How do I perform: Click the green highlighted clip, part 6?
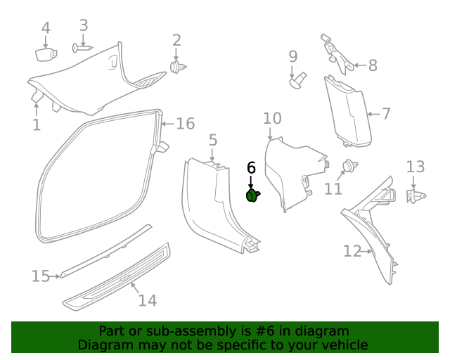click(252, 195)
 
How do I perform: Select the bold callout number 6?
click(251, 168)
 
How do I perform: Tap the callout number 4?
click(46, 29)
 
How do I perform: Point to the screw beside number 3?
click(82, 48)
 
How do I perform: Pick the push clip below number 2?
click(177, 67)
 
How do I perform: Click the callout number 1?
click(37, 126)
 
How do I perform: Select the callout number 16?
click(185, 124)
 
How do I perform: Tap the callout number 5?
click(213, 141)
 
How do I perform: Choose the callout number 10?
click(272, 118)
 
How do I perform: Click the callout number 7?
click(386, 113)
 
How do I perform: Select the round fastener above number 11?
click(349, 167)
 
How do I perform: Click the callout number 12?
click(352, 251)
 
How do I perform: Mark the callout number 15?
click(40, 276)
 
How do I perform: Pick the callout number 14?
click(147, 300)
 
